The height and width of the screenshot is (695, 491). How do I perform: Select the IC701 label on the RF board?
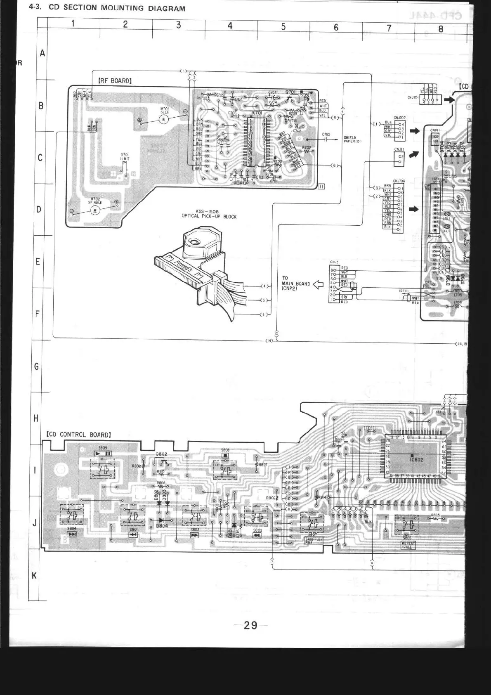point(257,113)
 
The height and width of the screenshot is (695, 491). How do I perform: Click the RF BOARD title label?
point(115,81)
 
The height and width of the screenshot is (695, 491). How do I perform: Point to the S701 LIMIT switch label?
point(125,156)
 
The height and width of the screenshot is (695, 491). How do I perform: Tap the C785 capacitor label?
point(326,135)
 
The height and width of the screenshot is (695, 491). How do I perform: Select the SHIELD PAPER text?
point(352,139)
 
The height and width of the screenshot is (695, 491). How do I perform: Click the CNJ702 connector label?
point(399,118)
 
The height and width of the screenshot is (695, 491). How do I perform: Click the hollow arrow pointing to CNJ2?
point(318,284)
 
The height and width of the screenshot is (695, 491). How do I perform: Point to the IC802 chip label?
point(416,459)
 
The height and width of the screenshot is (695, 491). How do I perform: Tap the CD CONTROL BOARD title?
point(79,435)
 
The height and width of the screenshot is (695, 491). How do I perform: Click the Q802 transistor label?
point(161,454)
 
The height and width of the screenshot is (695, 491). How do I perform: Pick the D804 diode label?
point(162,526)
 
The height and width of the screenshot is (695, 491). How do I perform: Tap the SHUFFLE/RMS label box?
point(314,540)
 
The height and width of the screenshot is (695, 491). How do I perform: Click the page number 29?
point(250,625)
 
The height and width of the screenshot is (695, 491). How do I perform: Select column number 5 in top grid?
point(283,27)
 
